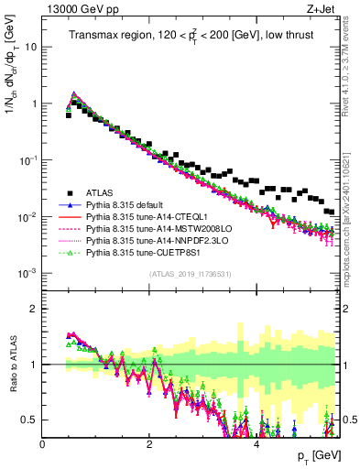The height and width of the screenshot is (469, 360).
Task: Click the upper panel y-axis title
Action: [14, 101]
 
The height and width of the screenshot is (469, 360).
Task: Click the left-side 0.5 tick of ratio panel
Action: [27, 420]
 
